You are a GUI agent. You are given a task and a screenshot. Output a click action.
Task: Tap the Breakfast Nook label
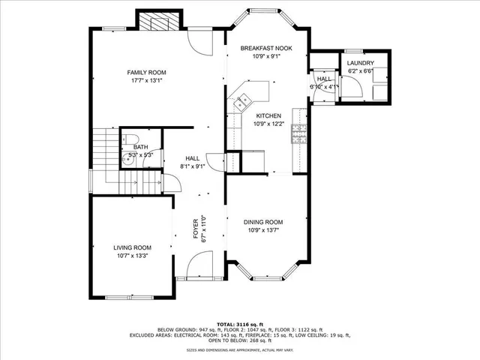pyautogui.click(x=265, y=48)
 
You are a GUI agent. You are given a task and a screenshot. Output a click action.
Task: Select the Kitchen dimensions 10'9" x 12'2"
pyautogui.click(x=268, y=124)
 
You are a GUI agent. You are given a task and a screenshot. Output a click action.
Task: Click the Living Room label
pyautogui.click(x=132, y=247)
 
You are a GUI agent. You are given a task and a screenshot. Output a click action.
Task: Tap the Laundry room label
pyautogui.click(x=360, y=63)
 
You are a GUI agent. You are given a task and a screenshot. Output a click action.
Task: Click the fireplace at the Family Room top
pyautogui.click(x=157, y=22)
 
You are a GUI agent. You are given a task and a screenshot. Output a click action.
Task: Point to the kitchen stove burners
pyautogui.click(x=298, y=133)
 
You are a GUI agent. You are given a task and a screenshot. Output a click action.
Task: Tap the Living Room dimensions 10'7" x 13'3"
pyautogui.click(x=132, y=256)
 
